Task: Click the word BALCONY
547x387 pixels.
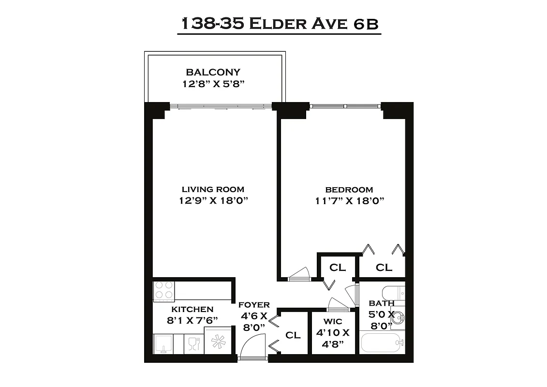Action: tap(213, 72)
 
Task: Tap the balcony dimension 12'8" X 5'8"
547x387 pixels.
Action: tap(213, 83)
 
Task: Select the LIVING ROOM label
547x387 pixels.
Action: tap(213, 189)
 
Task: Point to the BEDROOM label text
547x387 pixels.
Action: tap(349, 190)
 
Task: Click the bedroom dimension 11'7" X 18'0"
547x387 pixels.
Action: tap(349, 201)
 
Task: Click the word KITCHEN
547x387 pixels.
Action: tap(192, 309)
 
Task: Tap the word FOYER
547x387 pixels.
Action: tap(254, 305)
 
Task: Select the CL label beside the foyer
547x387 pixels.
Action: tap(293, 335)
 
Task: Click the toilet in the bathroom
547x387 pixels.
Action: tap(393, 293)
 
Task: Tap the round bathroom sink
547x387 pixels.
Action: tap(398, 317)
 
